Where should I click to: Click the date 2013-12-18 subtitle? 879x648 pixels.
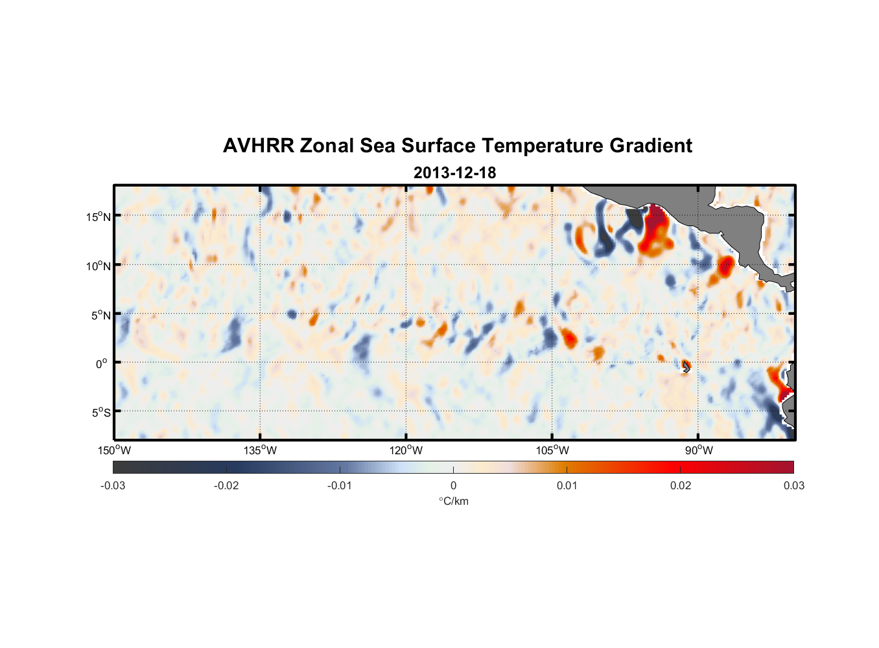[454, 173]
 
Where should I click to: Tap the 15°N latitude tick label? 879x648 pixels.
[99, 216]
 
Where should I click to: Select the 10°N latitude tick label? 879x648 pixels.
[99, 266]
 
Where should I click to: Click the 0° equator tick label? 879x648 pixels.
[102, 364]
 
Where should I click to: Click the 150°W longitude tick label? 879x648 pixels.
[114, 450]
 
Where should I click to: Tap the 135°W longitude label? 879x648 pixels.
[260, 450]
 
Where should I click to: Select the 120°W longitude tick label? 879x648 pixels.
[406, 450]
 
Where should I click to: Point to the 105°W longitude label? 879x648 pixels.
[552, 450]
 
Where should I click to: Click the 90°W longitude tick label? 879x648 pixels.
[698, 450]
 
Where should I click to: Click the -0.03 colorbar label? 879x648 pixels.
[113, 485]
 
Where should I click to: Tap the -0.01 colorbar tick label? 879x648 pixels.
[340, 485]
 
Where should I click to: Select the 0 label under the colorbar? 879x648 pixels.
[453, 485]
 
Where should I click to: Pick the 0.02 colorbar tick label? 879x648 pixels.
[681, 485]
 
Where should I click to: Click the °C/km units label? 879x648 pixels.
[453, 501]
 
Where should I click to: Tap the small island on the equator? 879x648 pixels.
[686, 367]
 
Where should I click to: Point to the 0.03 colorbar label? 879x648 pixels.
[793, 485]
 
